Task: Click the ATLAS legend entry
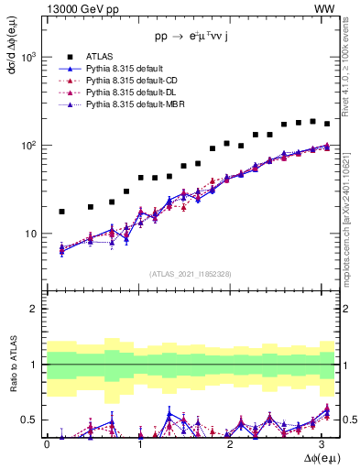point(99,58)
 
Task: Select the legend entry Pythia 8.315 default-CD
point(124,82)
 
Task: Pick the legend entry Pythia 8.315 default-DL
point(124,93)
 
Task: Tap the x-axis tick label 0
point(47,444)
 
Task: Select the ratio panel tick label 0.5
point(29,420)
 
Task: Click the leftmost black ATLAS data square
point(61,212)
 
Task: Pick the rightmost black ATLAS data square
point(327,124)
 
